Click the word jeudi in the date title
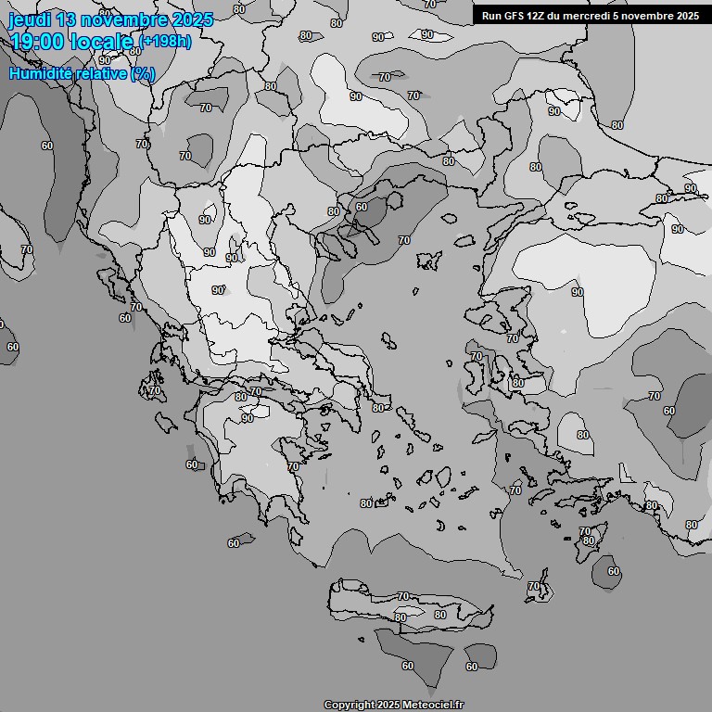[x=32, y=19]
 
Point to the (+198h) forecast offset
[x=166, y=42]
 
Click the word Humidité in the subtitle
[x=40, y=73]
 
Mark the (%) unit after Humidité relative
[x=143, y=73]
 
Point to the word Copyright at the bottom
[x=350, y=706]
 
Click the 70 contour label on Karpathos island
[x=533, y=587]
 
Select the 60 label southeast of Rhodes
[x=613, y=571]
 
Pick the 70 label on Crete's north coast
[x=402, y=596]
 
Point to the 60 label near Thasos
[x=361, y=207]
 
